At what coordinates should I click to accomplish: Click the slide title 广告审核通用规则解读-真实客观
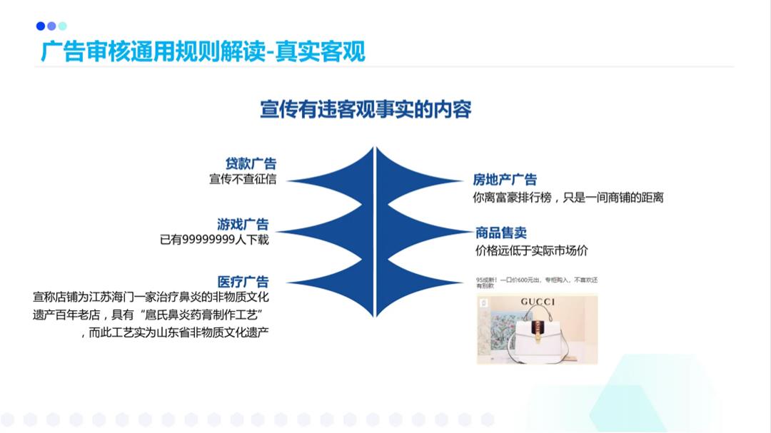(x=203, y=52)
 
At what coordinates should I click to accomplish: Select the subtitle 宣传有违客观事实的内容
(x=366, y=110)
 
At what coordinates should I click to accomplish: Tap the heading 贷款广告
(x=251, y=164)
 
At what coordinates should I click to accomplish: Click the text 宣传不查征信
(x=242, y=179)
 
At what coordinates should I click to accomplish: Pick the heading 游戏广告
(x=243, y=225)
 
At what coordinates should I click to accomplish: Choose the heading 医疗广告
(x=243, y=281)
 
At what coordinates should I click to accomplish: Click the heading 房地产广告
(x=505, y=180)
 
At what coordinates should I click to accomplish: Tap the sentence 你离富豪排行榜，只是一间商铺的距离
(x=568, y=198)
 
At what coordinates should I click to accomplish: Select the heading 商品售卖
(x=501, y=233)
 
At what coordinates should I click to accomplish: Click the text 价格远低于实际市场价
(x=531, y=250)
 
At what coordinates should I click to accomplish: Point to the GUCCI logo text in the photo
(x=538, y=302)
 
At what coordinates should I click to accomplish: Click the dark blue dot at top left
(x=41, y=26)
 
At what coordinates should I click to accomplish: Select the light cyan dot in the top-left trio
(x=63, y=26)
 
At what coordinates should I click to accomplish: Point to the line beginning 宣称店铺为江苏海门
(x=151, y=297)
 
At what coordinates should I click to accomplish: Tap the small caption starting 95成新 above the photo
(x=536, y=282)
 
